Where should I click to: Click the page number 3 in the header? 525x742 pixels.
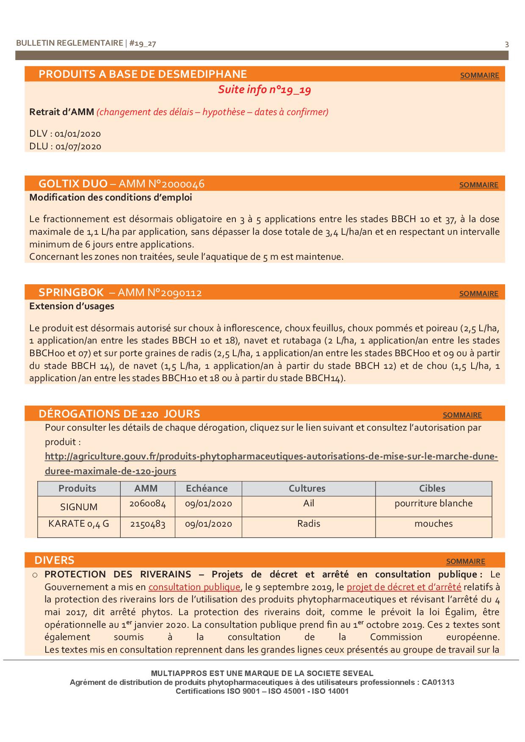(507, 44)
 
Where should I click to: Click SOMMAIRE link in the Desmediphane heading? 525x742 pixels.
(479, 75)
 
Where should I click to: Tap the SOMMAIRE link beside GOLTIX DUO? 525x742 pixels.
(478, 185)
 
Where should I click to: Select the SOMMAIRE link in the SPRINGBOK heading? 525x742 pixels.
(478, 294)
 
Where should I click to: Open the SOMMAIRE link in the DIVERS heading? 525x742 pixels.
(465, 561)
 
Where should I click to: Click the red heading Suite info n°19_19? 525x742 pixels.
(265, 90)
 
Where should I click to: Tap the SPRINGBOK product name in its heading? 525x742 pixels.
(71, 293)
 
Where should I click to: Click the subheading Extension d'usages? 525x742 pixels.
(72, 306)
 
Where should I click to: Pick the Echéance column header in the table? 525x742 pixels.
(207, 489)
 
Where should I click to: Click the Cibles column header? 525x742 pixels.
(432, 489)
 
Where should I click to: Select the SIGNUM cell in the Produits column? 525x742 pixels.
(79, 507)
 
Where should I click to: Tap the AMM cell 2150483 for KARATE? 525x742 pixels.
(147, 524)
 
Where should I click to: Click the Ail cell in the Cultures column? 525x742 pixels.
(309, 503)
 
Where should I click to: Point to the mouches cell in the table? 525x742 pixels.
(433, 524)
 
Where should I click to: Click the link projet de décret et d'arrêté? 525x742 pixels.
(403, 587)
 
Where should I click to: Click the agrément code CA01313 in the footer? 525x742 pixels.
(438, 682)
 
